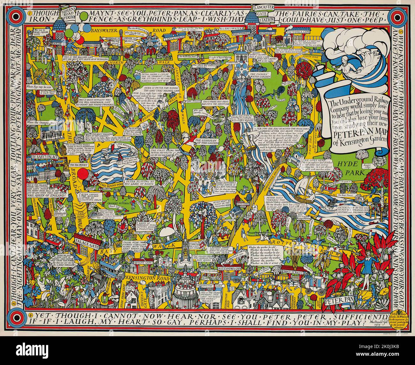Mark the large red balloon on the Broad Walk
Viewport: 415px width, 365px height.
point(83,174)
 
